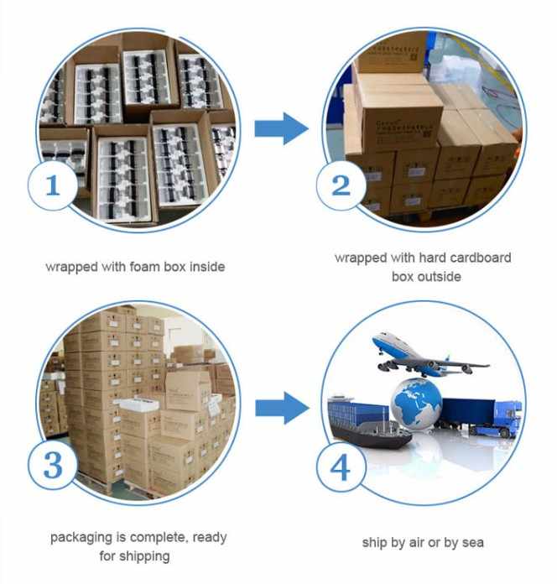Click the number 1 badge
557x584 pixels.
pyautogui.click(x=53, y=185)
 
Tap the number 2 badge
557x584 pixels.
pyautogui.click(x=341, y=185)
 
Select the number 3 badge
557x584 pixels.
pyautogui.click(x=53, y=464)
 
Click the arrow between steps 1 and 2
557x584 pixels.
pyautogui.click(x=280, y=128)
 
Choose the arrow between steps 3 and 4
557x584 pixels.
pyautogui.click(x=280, y=408)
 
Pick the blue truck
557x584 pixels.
pyautogui.click(x=482, y=415)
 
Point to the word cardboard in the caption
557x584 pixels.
pyautogui.click(x=479, y=257)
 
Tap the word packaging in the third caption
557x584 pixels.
pyautogui.click(x=81, y=537)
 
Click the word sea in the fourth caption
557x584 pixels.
pyautogui.click(x=472, y=542)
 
